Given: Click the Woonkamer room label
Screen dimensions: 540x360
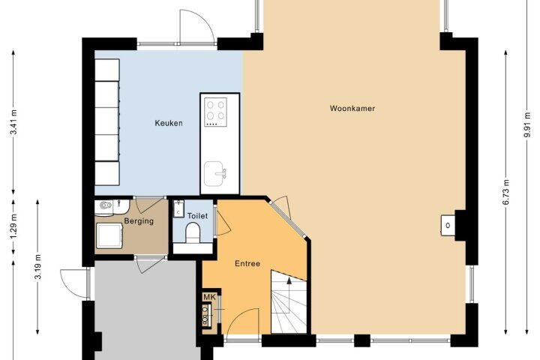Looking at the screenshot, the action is (352, 108).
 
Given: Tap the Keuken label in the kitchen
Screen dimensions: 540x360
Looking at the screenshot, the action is (169, 123).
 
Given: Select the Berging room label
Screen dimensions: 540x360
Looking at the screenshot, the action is (139, 220).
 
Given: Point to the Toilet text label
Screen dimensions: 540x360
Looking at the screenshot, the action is (197, 216).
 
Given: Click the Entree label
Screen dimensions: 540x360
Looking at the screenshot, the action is (247, 263).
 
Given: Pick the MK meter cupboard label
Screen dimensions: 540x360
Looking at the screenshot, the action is (209, 297).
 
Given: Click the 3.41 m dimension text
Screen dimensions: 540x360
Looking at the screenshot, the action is (13, 123).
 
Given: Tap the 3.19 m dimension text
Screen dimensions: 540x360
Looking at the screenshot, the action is (38, 267).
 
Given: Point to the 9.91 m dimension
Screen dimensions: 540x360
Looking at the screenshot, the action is (526, 124).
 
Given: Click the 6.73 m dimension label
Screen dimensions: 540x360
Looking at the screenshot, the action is (505, 192).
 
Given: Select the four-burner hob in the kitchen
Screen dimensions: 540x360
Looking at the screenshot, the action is (215, 112).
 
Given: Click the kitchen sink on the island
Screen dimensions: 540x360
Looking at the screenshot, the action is (215, 174).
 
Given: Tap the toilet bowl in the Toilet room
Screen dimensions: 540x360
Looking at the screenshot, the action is (193, 232).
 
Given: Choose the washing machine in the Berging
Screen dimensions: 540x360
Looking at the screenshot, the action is (109, 235).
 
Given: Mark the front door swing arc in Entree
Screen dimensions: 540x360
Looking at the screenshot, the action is (240, 319).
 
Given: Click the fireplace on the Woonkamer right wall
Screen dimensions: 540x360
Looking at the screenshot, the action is (448, 226).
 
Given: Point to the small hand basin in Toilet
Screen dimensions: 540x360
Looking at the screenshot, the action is (178, 208).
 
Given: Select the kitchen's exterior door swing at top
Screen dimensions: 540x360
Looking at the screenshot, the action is (196, 25).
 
